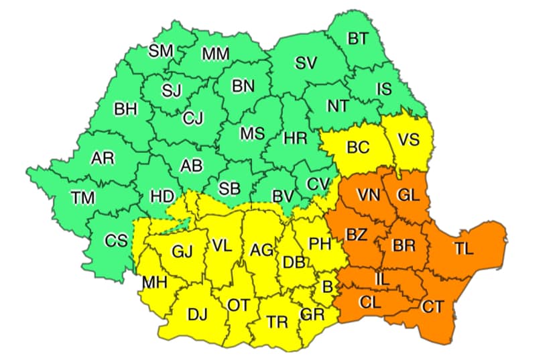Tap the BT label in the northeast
(x=357, y=38)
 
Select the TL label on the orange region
(x=463, y=248)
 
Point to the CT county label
(x=432, y=307)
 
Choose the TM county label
(x=84, y=198)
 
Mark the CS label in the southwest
(x=116, y=240)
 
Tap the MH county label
(x=154, y=284)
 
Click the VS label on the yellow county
(x=409, y=140)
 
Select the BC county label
(x=358, y=147)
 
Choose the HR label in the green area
(x=295, y=138)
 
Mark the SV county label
(x=306, y=63)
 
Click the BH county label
(x=125, y=109)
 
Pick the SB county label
(x=229, y=188)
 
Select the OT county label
(x=238, y=305)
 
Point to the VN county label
(x=367, y=194)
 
